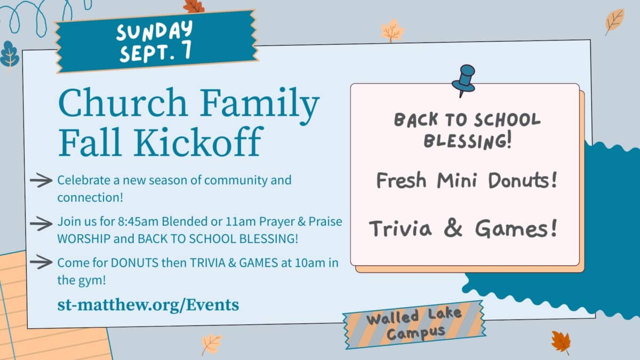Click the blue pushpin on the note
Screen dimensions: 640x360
[x=463, y=81]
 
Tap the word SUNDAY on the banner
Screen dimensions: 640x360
[x=155, y=30]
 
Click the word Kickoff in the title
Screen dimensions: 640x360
[x=197, y=142]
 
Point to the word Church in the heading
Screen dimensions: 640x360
[x=123, y=102]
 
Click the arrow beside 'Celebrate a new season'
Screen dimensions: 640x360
[x=41, y=180]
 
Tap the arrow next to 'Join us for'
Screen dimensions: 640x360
[x=41, y=223]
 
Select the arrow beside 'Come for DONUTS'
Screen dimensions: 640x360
[x=41, y=262]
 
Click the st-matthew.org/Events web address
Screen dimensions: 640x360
[x=148, y=305]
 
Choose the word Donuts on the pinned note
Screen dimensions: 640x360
[x=523, y=180]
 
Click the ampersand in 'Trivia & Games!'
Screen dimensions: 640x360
[x=453, y=229]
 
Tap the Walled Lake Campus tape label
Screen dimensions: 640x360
[x=414, y=325]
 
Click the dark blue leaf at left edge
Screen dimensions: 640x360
[x=10, y=55]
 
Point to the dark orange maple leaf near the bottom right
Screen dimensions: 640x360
[x=561, y=342]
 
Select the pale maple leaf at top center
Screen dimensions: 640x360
[x=393, y=30]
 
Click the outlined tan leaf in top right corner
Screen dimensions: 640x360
[x=614, y=22]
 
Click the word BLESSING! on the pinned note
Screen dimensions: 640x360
[x=467, y=141]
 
